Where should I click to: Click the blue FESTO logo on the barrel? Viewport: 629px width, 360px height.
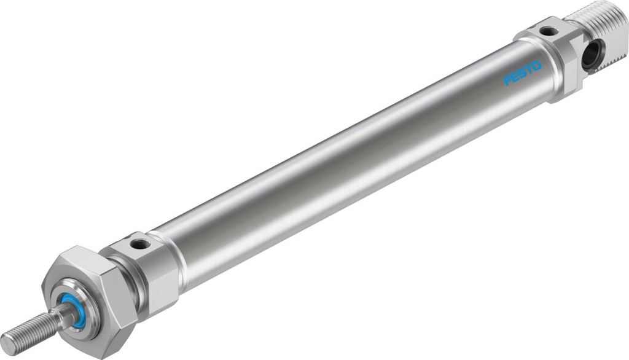click(x=523, y=73)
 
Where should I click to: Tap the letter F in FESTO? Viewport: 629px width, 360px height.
click(x=508, y=80)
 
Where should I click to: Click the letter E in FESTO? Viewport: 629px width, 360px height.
click(x=515, y=77)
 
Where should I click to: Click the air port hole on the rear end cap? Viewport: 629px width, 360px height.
click(x=549, y=31)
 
